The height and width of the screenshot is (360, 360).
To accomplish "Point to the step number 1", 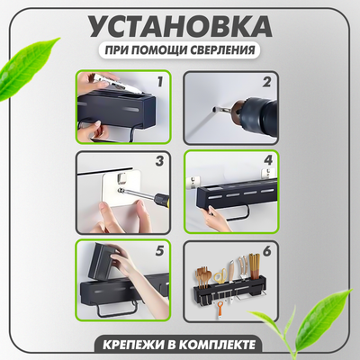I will point(160,82).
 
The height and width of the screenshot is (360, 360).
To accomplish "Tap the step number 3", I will point(161,163).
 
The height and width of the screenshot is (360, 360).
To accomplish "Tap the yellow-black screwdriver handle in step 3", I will point(159,196).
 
